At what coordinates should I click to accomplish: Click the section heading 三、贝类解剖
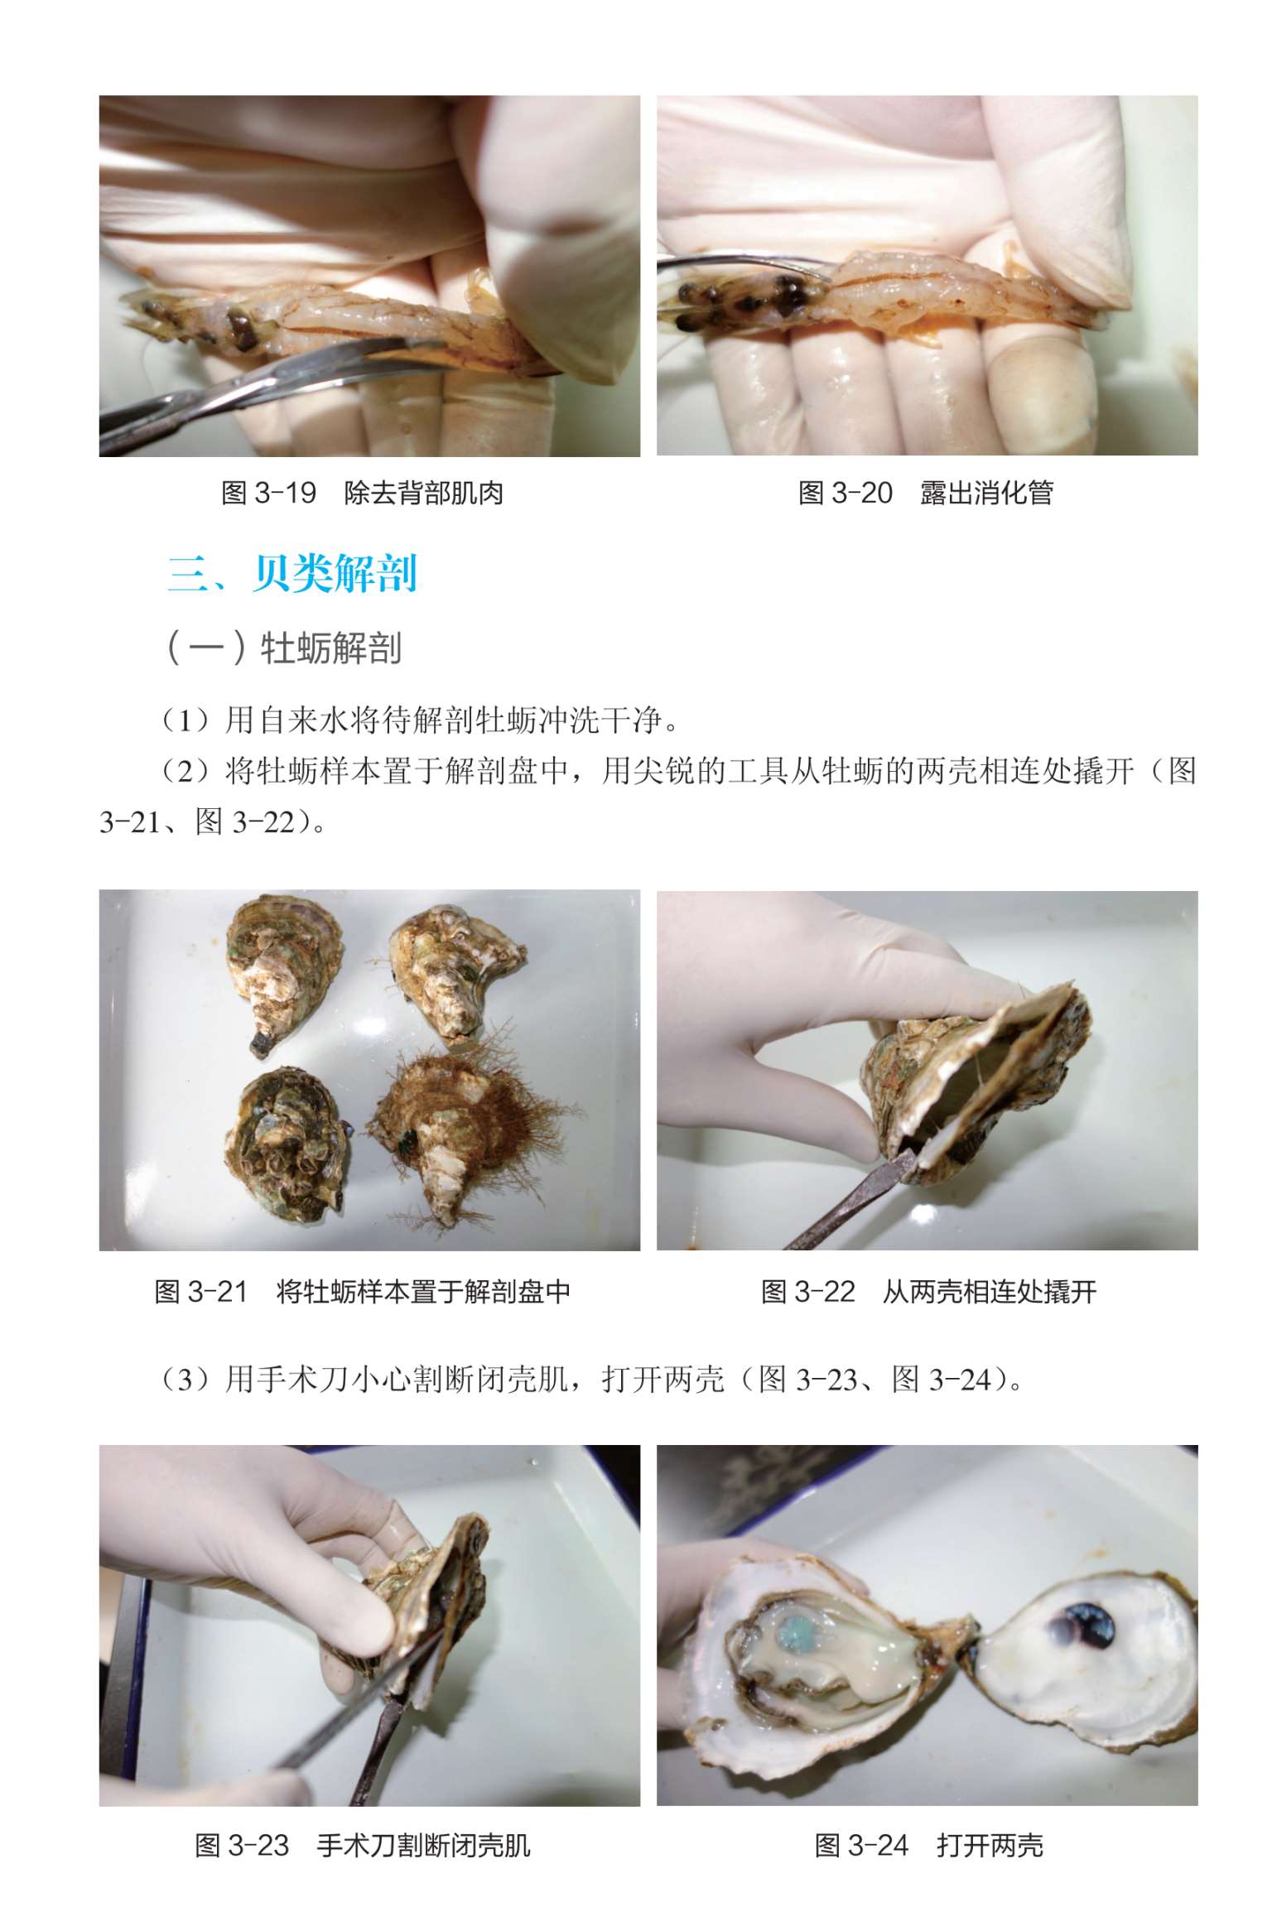[292, 573]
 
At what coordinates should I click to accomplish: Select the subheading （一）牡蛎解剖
[284, 648]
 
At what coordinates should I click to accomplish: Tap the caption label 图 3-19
[269, 494]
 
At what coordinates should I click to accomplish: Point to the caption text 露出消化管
[986, 494]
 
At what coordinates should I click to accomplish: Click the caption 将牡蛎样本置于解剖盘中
[422, 1292]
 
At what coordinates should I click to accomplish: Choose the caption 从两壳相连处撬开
[989, 1292]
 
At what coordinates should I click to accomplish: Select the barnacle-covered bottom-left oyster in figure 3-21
[287, 1143]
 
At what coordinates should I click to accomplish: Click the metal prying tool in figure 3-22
[849, 1200]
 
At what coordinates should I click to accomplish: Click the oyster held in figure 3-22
[981, 1077]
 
